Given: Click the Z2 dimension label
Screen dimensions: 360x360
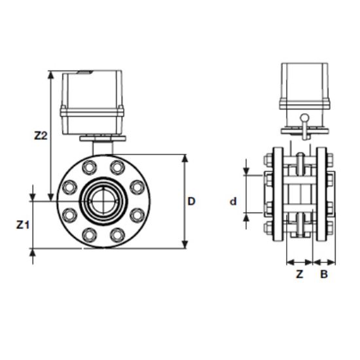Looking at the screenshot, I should tap(41, 136).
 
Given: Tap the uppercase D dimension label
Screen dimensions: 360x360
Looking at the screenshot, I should tap(192, 202).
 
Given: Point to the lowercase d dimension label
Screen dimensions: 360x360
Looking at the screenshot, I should tap(232, 202).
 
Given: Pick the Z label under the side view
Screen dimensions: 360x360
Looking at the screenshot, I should tap(299, 274).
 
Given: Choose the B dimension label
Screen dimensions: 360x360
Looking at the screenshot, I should tap(323, 274).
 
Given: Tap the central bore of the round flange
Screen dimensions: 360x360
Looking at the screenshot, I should tap(100, 201).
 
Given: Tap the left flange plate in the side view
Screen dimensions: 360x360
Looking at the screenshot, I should tap(279, 196).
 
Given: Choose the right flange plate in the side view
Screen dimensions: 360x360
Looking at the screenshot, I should tap(321, 196).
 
